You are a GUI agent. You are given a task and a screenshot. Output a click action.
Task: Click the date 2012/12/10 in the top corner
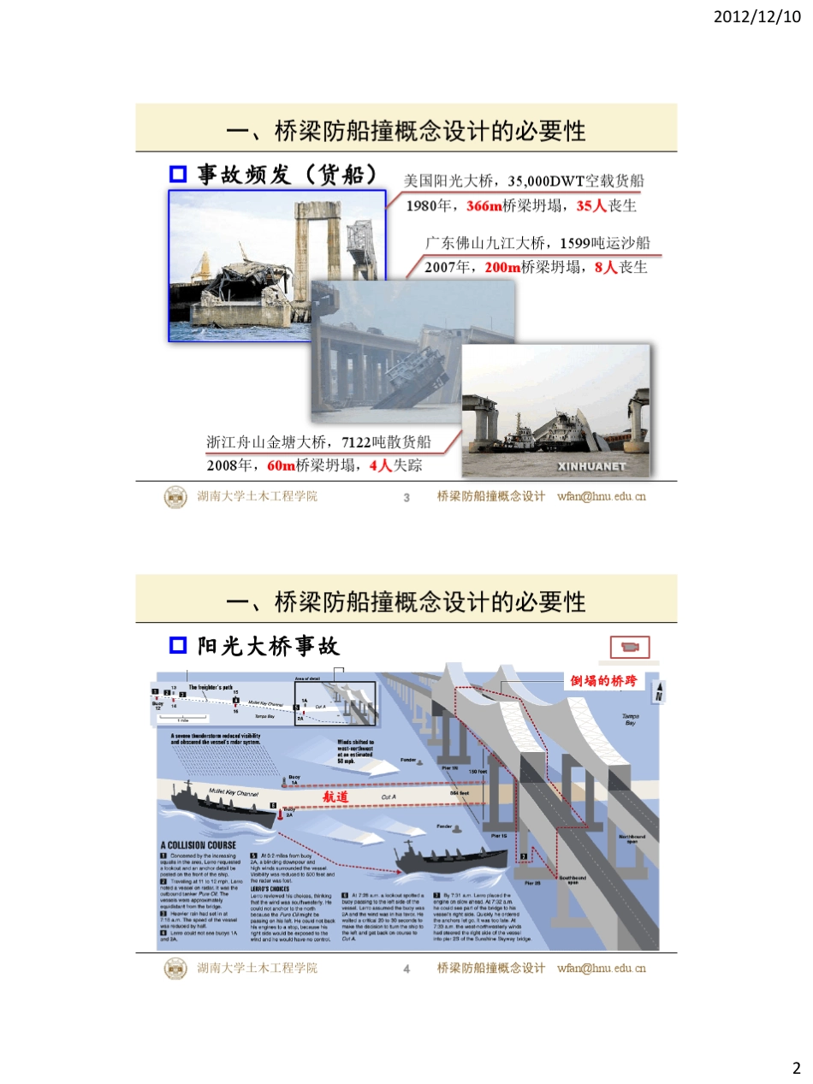[x=757, y=16]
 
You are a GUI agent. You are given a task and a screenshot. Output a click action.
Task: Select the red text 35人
[x=591, y=206]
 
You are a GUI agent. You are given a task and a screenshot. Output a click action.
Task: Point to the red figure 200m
[x=502, y=268]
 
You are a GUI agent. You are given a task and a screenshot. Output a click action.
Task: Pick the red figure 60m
[x=281, y=466]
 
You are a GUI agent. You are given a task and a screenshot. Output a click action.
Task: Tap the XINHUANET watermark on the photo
[x=591, y=466]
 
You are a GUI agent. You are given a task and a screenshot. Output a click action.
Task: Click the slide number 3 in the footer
[x=407, y=497]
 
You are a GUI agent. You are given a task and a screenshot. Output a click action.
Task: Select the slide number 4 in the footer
[x=407, y=968]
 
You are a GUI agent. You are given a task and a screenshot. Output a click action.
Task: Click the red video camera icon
[x=630, y=647]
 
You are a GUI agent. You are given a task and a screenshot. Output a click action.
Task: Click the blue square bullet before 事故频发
[x=178, y=175]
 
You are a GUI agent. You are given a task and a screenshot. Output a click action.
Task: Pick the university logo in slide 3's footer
[x=175, y=496]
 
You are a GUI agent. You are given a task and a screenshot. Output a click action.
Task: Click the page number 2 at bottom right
[x=795, y=1068]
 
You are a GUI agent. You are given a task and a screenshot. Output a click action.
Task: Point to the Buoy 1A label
[x=294, y=779]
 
